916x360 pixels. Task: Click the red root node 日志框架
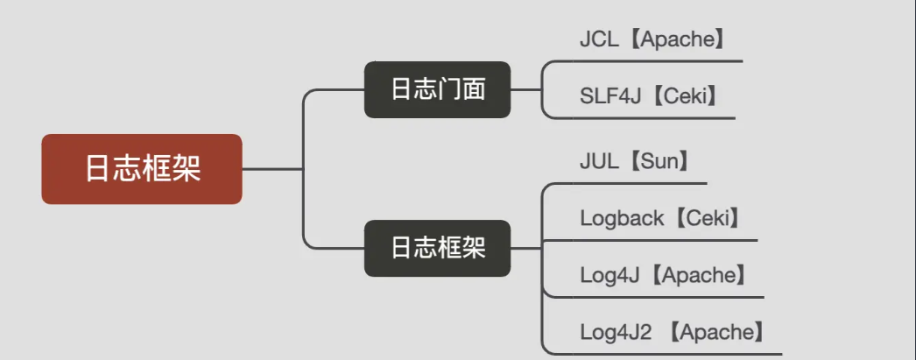tap(141, 169)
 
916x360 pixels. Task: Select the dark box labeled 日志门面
tap(438, 89)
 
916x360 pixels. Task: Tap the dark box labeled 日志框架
tap(438, 248)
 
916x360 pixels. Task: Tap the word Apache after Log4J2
tap(722, 332)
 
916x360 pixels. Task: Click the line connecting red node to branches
tap(273, 169)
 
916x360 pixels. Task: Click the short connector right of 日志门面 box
tap(525, 90)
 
